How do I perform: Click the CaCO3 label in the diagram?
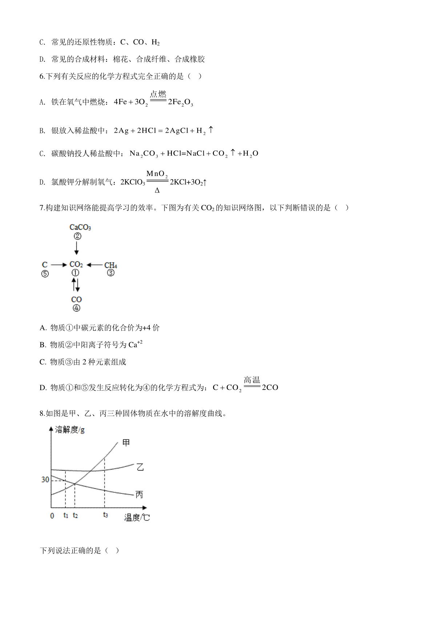pos(80,227)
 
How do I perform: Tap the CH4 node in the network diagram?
pos(111,265)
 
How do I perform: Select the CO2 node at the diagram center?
pos(76,265)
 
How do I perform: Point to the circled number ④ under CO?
pos(76,308)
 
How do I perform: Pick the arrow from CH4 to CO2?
pos(95,265)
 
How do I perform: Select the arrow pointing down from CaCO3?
pos(76,249)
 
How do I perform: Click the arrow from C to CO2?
pos(59,265)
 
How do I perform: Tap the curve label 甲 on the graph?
pos(126,443)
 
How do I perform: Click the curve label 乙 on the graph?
pos(140,467)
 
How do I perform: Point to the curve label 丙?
pos(139,495)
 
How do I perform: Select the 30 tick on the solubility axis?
pos(45,480)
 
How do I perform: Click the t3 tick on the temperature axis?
pos(105,515)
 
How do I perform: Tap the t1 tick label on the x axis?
pos(66,515)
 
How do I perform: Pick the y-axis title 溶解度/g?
pos(70,430)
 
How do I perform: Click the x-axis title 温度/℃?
pos(137,518)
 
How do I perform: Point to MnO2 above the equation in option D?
pos(157,174)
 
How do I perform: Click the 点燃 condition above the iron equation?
pos(158,94)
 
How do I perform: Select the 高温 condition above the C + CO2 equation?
pos(252,380)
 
